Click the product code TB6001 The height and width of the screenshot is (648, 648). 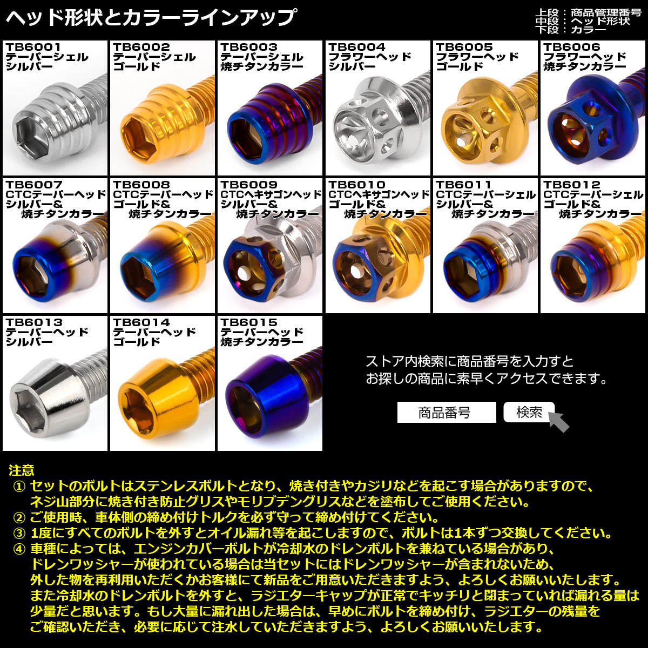click(33, 48)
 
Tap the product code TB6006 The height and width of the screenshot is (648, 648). click(572, 48)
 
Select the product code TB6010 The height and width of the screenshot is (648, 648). click(357, 185)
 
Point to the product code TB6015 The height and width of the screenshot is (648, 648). click(249, 322)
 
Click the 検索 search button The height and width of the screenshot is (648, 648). click(529, 413)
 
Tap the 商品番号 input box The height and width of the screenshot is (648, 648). click(446, 413)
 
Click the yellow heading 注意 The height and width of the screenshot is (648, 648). click(22, 470)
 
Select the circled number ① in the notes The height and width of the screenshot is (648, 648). click(19, 486)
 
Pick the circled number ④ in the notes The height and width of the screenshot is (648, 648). click(19, 550)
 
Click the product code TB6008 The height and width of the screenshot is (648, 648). click(141, 185)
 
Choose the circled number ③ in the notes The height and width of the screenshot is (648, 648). click(19, 534)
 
